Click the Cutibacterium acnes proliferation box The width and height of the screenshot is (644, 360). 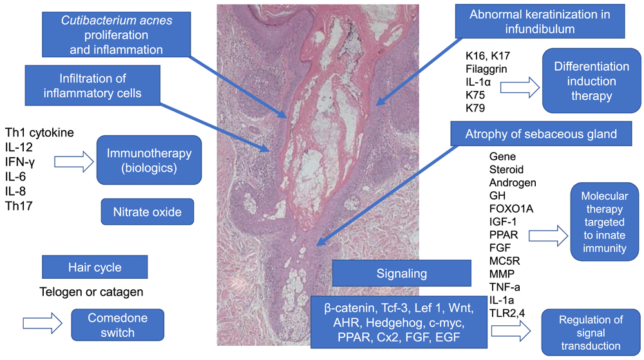pyautogui.click(x=116, y=35)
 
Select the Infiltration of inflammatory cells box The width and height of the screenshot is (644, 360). pyautogui.click(x=92, y=86)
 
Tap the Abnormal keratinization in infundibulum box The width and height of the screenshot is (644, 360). pyautogui.click(x=540, y=21)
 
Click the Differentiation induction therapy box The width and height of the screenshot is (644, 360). pyautogui.click(x=591, y=81)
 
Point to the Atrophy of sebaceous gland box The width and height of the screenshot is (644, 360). pyautogui.click(x=541, y=134)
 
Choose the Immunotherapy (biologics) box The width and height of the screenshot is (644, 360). pyautogui.click(x=149, y=160)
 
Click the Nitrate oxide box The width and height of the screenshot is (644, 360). pyautogui.click(x=147, y=212)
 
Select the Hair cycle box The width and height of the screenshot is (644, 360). pyautogui.click(x=95, y=267)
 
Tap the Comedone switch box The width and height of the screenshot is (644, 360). pyautogui.click(x=117, y=325)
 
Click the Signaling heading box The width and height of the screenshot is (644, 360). pyautogui.click(x=402, y=274)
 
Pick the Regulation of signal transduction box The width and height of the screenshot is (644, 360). pyautogui.click(x=591, y=332)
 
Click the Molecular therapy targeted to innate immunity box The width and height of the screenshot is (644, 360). pyautogui.click(x=604, y=222)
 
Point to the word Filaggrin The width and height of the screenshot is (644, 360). pyautogui.click(x=486, y=69)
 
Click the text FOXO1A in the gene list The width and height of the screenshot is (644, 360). pyautogui.click(x=511, y=209)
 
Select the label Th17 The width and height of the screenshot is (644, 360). pyautogui.click(x=19, y=206)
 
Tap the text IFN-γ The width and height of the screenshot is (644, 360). pyautogui.click(x=20, y=162)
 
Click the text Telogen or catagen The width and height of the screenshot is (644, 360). pyautogui.click(x=91, y=292)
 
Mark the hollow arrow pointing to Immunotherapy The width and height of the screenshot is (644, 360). pyautogui.click(x=74, y=162)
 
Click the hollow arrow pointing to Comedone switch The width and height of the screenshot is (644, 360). pyautogui.click(x=43, y=323)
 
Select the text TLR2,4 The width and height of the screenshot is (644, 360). pyautogui.click(x=507, y=313)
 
